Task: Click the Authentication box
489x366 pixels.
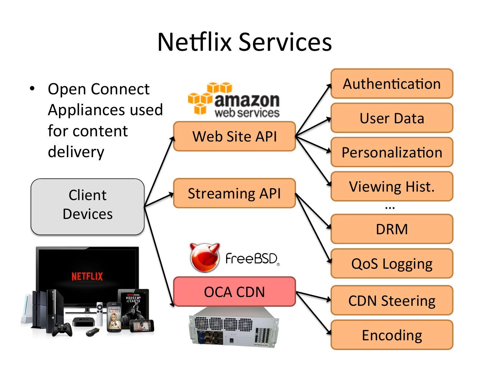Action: click(392, 84)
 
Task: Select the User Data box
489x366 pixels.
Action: click(392, 118)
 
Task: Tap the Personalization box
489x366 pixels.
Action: click(392, 152)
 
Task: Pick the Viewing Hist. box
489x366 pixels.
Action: click(392, 186)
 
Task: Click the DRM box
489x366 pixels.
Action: click(392, 229)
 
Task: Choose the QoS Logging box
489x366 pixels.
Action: click(392, 264)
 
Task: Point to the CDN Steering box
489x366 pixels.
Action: click(392, 300)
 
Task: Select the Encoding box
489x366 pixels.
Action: click(392, 335)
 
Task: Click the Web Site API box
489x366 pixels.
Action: click(234, 136)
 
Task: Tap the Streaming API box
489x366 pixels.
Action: click(234, 193)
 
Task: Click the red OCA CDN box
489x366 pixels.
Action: click(234, 292)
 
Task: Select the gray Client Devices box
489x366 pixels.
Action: click(88, 207)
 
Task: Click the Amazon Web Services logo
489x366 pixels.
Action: click(234, 100)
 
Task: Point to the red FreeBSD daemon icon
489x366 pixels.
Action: click(205, 257)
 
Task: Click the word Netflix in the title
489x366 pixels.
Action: click(194, 42)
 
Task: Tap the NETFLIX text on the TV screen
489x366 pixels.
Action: click(87, 277)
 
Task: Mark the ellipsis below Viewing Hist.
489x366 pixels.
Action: click(390, 207)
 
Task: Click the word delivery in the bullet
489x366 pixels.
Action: click(76, 152)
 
